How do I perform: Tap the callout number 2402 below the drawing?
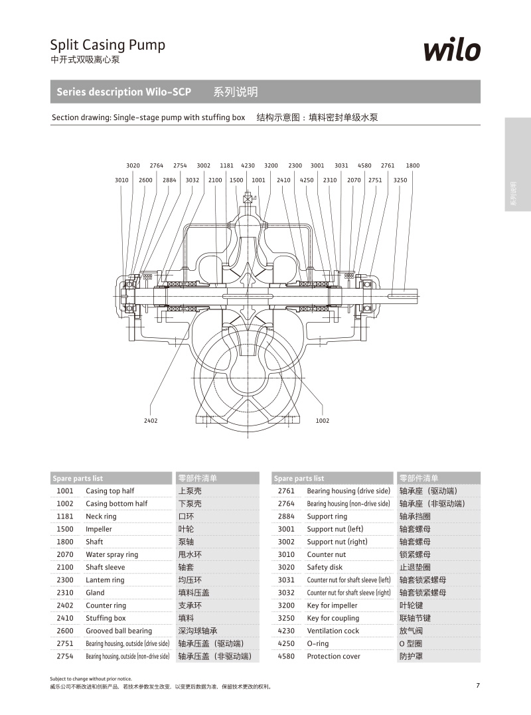[151, 421]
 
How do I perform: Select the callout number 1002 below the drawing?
[322, 421]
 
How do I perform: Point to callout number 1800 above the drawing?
[413, 165]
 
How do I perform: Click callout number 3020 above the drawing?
[133, 165]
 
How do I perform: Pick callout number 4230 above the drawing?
[248, 165]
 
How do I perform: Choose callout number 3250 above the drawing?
[400, 180]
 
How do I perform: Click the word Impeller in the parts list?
[99, 529]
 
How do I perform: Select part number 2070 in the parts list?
[65, 554]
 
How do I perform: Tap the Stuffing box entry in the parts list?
[106, 618]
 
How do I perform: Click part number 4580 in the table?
[286, 656]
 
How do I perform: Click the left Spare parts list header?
[78, 478]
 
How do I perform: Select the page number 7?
[477, 686]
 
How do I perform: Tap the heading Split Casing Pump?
[108, 45]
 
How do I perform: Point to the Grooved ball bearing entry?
[119, 631]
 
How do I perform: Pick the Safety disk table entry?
[325, 567]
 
